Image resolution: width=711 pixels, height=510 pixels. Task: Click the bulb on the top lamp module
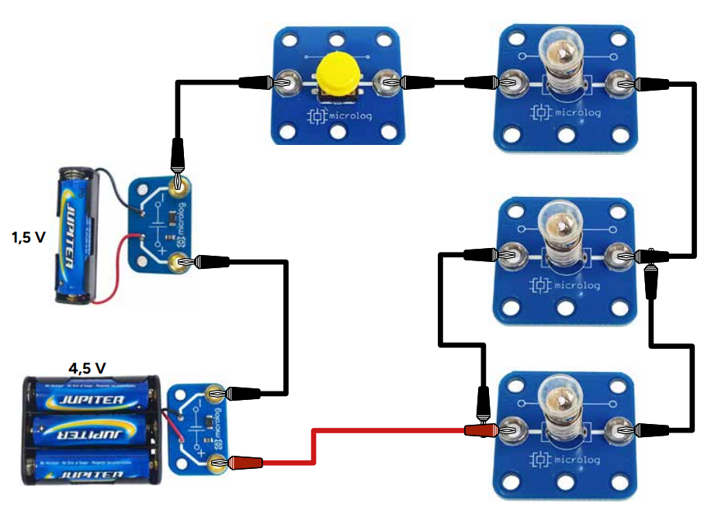564,57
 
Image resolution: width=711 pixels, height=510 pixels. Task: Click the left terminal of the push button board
286,81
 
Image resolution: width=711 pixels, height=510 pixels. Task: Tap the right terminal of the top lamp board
620,81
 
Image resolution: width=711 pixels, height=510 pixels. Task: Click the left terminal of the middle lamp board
508,253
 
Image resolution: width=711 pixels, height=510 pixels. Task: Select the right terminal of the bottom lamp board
620,429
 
